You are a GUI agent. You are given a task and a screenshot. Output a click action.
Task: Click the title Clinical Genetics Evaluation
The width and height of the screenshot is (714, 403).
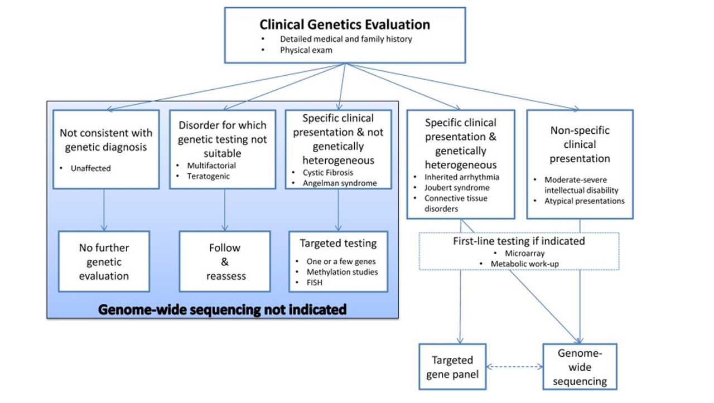point(345,25)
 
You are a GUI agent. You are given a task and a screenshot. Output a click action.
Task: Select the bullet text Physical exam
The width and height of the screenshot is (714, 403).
point(306,50)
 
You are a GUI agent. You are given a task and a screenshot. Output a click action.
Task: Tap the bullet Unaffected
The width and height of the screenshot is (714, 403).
point(91,168)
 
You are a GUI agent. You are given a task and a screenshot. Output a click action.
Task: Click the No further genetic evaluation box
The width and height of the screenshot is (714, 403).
point(104,261)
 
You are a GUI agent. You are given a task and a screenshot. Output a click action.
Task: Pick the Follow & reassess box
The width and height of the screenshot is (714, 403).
point(224,261)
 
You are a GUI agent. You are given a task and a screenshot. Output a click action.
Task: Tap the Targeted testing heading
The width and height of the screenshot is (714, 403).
point(338,243)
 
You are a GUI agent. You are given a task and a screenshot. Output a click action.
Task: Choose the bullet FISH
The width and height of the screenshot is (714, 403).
point(315,282)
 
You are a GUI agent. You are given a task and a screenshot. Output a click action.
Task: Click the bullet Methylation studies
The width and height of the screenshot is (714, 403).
point(342,271)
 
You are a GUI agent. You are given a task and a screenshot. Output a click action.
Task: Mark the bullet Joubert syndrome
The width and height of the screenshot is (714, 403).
point(457,187)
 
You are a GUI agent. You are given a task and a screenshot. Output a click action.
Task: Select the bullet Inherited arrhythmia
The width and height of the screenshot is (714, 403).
point(462,177)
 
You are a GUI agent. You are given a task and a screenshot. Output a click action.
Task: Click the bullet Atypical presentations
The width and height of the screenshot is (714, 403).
point(584,201)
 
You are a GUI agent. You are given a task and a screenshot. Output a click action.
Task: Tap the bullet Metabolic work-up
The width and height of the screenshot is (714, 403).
point(524,263)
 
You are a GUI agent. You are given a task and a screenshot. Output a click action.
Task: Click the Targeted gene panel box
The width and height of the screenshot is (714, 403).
point(452,367)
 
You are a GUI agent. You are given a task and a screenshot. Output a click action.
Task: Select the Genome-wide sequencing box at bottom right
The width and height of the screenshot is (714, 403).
point(580,367)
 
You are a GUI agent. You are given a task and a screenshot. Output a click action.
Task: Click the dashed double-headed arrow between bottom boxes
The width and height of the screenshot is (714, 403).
point(514,367)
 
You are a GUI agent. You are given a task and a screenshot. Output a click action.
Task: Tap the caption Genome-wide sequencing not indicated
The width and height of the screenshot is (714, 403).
point(223,309)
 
